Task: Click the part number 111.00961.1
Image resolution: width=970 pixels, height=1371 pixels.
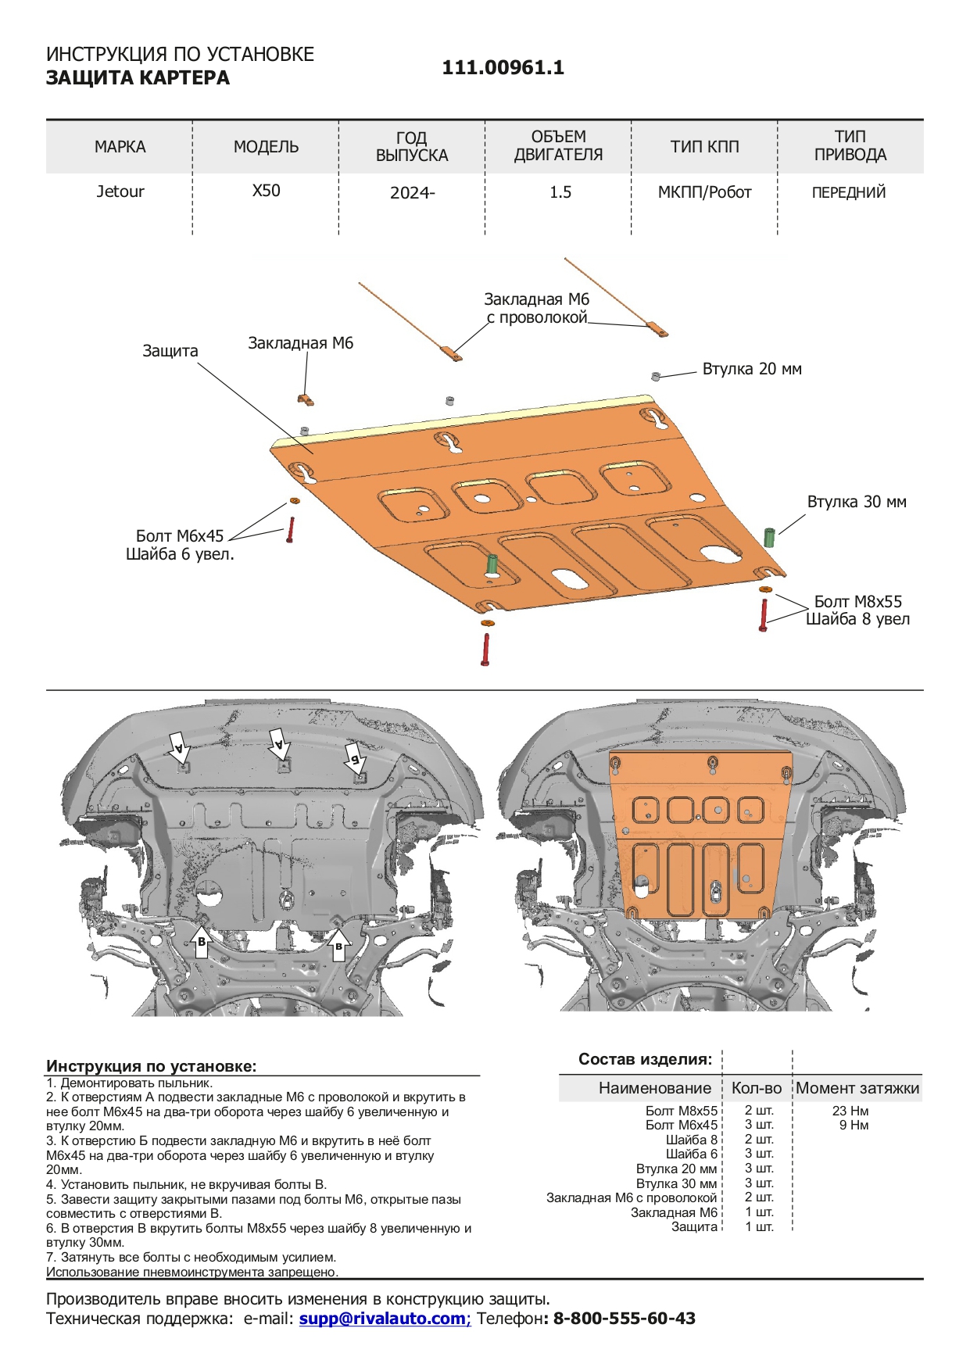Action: coord(503,67)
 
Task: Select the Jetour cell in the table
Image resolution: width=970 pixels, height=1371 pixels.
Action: coord(120,192)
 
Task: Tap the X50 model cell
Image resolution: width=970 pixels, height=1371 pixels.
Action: coord(266,191)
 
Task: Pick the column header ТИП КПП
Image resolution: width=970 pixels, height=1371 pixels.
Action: coord(704,146)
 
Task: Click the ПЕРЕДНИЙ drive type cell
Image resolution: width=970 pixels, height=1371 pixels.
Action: coord(849,192)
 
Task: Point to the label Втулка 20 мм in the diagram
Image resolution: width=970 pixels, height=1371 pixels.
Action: coord(751,369)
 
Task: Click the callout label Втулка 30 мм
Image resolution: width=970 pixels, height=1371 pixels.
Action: coord(857,502)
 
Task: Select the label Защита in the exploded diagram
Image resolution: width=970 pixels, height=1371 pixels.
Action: coord(170,351)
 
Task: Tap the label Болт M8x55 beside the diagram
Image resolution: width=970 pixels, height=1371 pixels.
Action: coord(857,601)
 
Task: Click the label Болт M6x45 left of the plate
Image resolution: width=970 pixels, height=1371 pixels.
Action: coord(180,535)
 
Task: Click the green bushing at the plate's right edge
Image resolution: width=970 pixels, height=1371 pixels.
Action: coord(769,537)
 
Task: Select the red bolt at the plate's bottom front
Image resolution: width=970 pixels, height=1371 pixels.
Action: coord(486,650)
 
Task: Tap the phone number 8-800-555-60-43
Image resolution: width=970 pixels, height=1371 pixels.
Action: coord(624,1319)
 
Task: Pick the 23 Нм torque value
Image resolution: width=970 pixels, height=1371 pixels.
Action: coord(850,1111)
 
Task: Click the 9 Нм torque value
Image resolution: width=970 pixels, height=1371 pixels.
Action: coord(854,1126)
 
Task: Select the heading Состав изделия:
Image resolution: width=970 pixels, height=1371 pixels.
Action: coord(645,1059)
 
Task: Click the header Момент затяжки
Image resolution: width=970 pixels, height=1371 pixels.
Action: coord(857,1088)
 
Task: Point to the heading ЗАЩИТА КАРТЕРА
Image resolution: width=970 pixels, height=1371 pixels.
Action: coord(138,78)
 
